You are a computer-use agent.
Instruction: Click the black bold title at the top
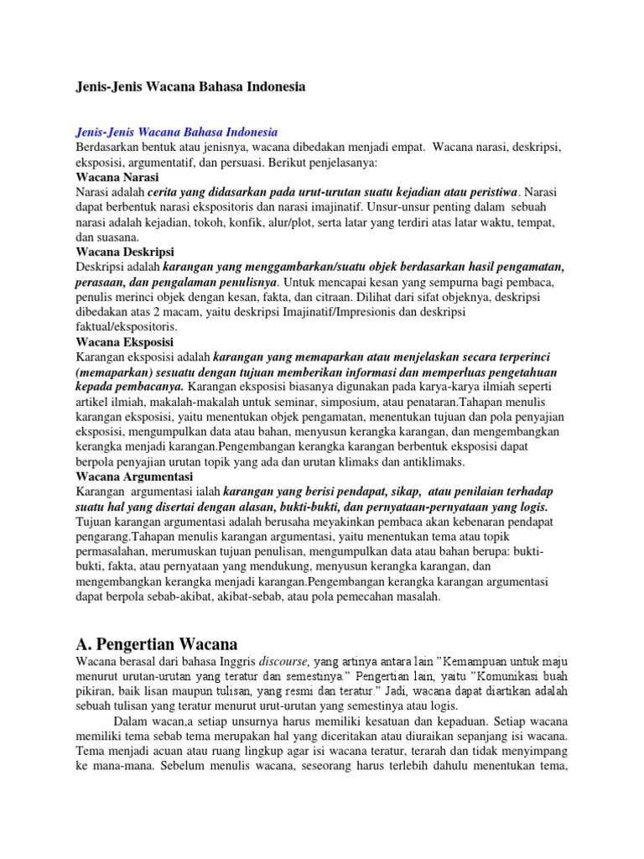(x=190, y=87)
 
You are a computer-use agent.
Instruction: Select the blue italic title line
(x=176, y=133)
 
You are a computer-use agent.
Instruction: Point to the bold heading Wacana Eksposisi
(x=124, y=342)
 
